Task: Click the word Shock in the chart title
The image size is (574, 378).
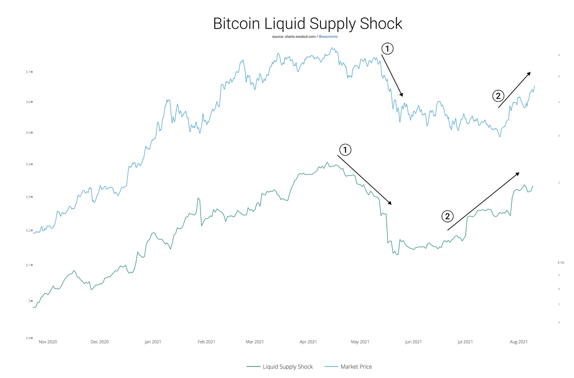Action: coord(381,24)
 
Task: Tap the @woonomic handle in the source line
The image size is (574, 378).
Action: coord(328,37)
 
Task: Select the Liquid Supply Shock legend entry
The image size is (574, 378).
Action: coord(287,367)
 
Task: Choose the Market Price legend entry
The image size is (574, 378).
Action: coord(356,367)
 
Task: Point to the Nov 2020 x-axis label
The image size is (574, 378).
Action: coord(48,342)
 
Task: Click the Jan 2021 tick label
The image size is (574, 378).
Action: coord(153,342)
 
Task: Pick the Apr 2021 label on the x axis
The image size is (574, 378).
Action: coord(308,342)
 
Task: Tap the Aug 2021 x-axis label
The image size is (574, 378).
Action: coord(518,342)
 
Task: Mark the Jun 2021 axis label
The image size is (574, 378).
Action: coord(413,342)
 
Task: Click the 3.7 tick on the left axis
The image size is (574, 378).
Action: coord(28,72)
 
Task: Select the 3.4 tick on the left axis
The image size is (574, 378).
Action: coord(28,164)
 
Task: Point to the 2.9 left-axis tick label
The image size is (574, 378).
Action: coord(28,338)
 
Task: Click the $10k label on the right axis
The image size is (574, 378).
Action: coord(561,263)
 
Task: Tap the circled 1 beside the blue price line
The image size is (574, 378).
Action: coord(387,49)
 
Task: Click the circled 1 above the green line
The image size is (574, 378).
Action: coord(345,150)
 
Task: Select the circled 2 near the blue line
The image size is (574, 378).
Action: coord(498,96)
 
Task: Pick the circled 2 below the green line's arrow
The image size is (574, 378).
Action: coord(447,216)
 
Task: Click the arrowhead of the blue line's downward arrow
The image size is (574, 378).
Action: coord(402,95)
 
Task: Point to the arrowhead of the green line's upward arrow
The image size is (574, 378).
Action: coord(518,173)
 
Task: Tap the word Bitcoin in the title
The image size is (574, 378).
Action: coord(237,24)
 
